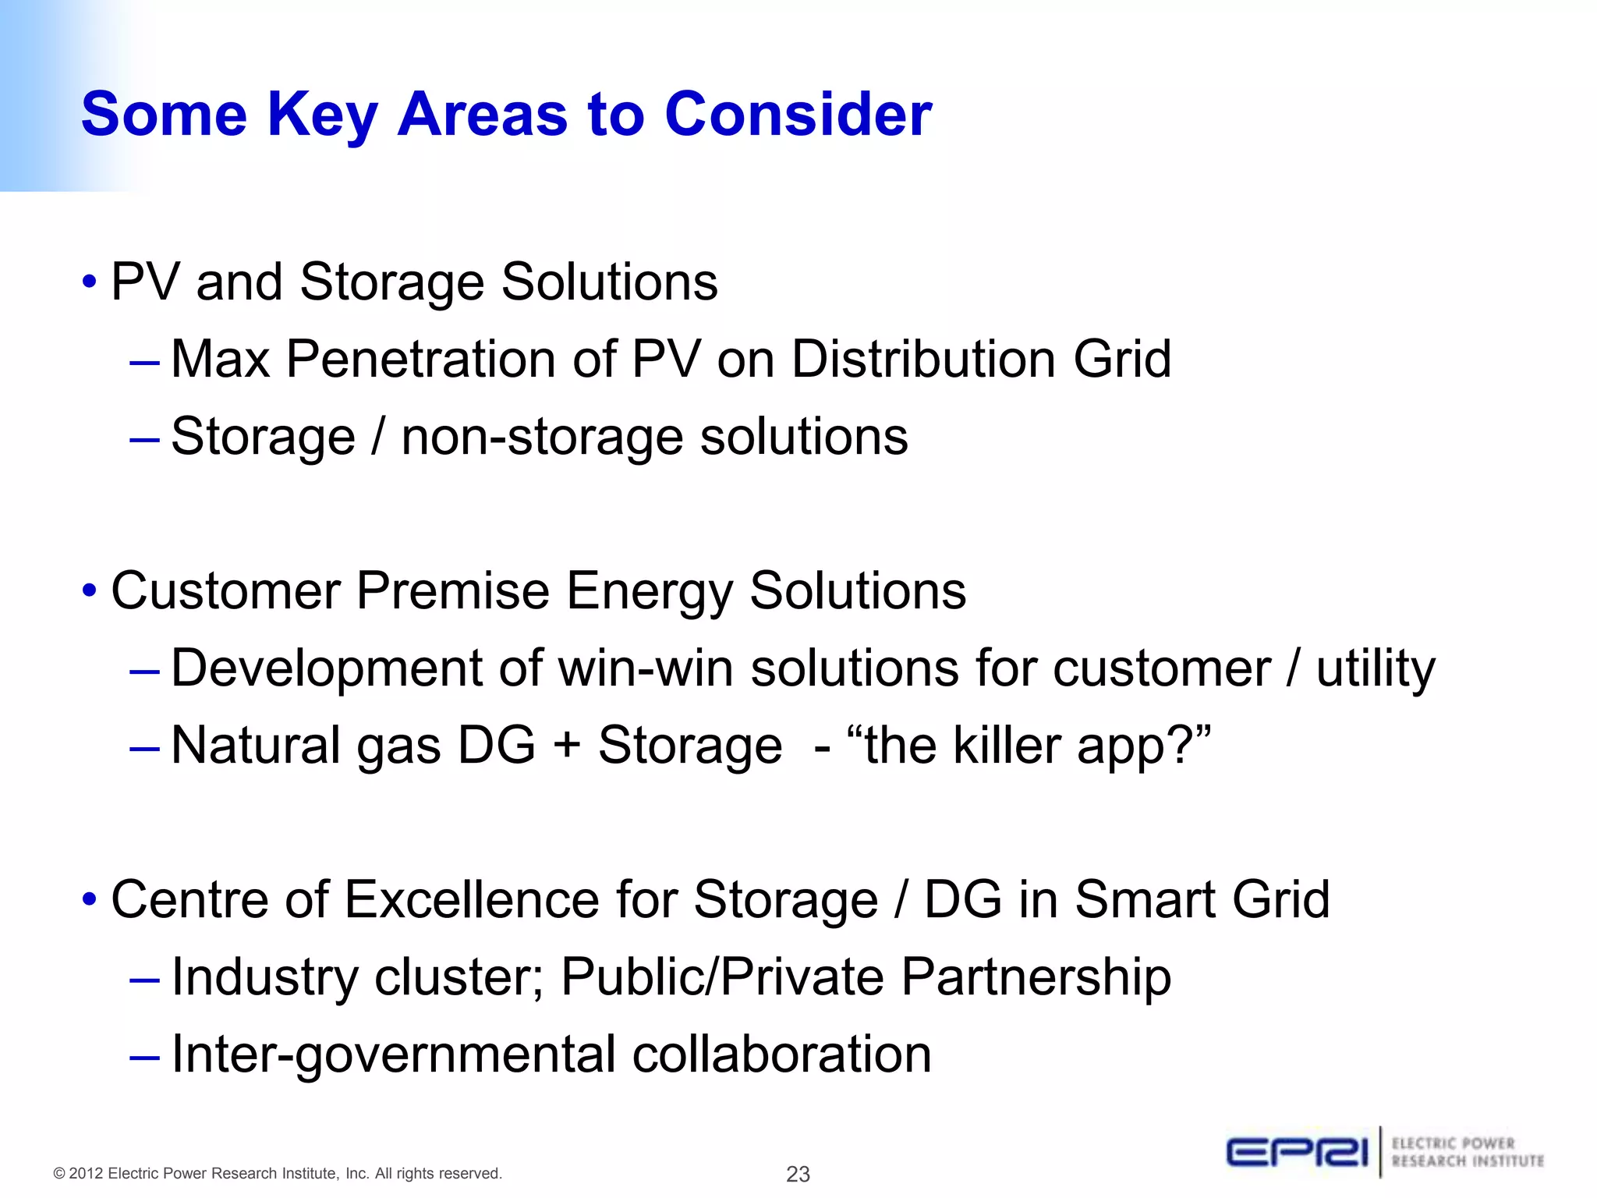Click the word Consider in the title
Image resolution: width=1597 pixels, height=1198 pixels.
[x=798, y=115]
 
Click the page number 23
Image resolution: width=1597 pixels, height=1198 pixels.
[x=798, y=1174]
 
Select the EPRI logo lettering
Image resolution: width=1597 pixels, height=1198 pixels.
[x=1297, y=1152]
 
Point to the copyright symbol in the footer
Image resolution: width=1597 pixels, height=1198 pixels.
[x=58, y=1174]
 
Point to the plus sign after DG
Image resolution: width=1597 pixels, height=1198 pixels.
[x=567, y=745]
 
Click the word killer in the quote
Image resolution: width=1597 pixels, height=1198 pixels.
[x=1006, y=745]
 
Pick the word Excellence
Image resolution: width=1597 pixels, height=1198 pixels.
[x=472, y=899]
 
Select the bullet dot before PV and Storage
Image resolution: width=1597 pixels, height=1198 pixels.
[x=90, y=282]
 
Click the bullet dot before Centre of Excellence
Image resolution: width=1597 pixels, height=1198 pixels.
[x=90, y=900]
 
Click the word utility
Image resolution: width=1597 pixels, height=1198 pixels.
[x=1375, y=669]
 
